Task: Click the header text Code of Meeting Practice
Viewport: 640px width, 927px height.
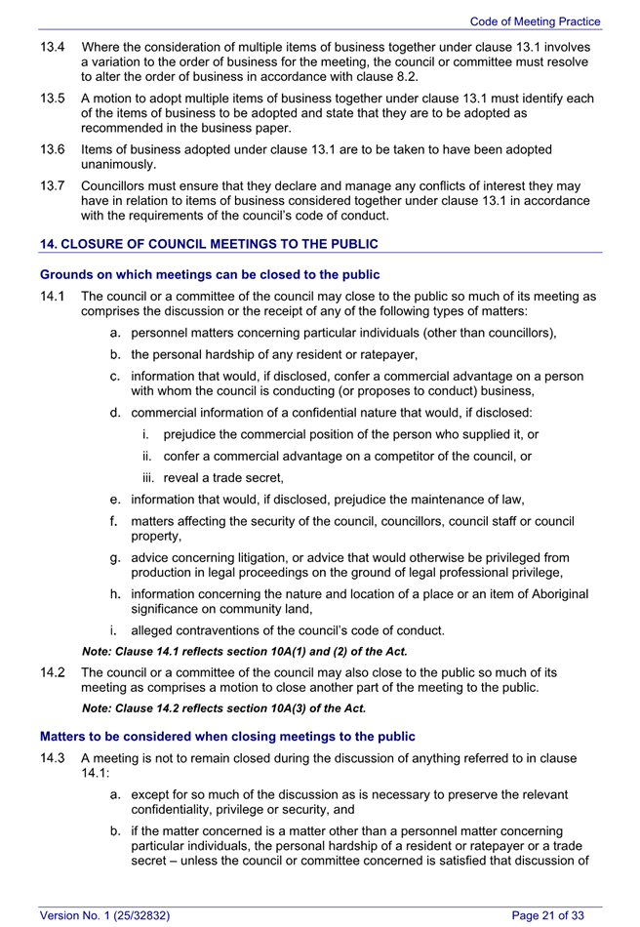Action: point(535,21)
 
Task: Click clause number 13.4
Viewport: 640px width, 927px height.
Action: point(52,47)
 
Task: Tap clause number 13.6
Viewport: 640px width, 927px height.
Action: point(52,149)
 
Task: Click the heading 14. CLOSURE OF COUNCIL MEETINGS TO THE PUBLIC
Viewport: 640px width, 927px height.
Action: point(208,244)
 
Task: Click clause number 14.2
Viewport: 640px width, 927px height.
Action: point(52,672)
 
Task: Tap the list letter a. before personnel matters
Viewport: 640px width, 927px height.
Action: point(115,333)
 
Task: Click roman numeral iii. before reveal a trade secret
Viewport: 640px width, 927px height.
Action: point(149,477)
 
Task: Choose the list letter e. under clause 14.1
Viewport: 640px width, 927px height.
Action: point(115,500)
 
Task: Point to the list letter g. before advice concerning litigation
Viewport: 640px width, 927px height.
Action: point(115,556)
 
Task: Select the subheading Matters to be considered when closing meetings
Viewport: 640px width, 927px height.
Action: point(226,736)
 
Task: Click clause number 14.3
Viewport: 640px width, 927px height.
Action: point(52,758)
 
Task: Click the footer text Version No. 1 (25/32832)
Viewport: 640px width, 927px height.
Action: point(104,914)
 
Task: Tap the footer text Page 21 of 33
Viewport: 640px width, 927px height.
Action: point(547,914)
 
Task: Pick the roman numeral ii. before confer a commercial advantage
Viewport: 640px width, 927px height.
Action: point(148,456)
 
